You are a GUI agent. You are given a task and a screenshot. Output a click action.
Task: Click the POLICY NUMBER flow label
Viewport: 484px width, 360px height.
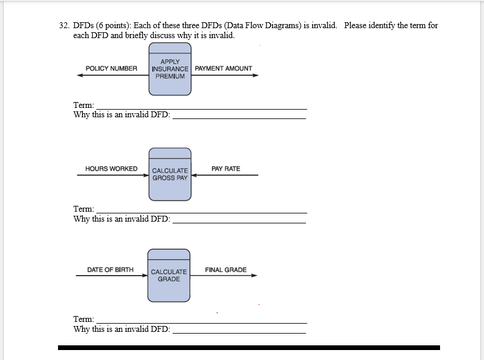[111, 69]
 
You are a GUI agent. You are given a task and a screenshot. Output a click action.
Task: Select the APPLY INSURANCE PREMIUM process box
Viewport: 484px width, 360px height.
[170, 75]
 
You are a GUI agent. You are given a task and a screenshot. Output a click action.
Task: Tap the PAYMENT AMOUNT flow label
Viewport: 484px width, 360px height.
[223, 69]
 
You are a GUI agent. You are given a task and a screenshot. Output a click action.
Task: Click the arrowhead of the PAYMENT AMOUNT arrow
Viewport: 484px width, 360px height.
[255, 75]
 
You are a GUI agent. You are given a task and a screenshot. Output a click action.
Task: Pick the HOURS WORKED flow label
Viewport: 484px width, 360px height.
[111, 169]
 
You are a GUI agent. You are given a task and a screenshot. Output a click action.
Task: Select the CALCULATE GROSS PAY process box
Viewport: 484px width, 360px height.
[170, 174]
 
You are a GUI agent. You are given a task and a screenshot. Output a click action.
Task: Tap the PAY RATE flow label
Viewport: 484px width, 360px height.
[226, 169]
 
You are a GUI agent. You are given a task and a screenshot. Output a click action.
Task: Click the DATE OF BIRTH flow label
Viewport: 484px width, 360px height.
[110, 270]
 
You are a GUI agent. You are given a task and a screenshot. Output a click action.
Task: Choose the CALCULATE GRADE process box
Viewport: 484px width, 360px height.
[169, 276]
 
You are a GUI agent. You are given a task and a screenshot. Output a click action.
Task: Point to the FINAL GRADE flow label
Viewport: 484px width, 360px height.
[226, 270]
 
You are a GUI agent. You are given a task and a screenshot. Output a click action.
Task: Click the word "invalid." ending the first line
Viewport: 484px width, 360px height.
[323, 26]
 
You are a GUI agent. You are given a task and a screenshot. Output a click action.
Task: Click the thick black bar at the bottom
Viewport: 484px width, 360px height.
[248, 348]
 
